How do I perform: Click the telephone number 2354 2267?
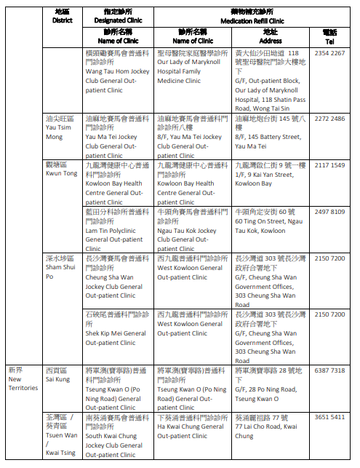[329, 53]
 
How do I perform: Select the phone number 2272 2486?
[329, 119]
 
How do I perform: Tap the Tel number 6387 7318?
[329, 370]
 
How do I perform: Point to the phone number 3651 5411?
[329, 418]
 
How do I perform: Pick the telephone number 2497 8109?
[329, 212]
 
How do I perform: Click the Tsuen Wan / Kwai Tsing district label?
[60, 435]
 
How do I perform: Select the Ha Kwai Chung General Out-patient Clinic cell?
[192, 427]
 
